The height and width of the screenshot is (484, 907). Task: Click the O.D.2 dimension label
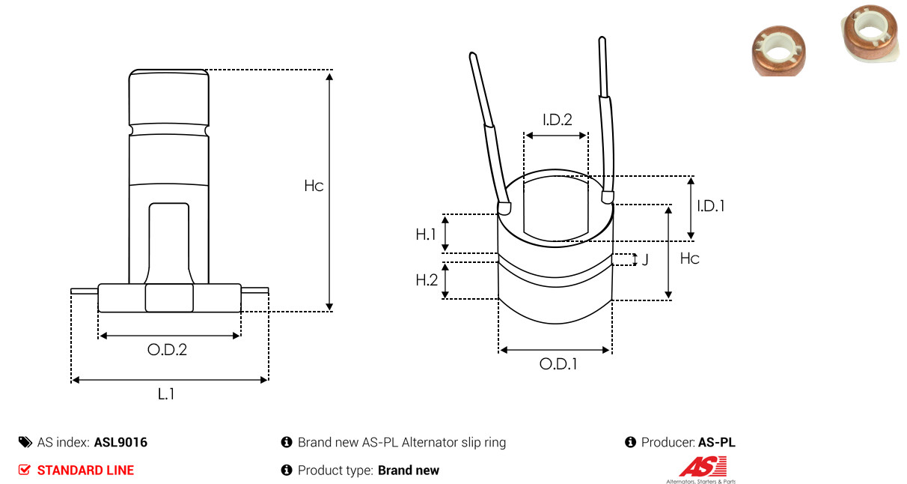tap(167, 349)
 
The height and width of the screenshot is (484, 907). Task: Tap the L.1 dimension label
tap(166, 393)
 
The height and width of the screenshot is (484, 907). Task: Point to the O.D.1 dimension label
tap(558, 364)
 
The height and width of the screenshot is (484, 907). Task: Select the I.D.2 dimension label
tap(558, 120)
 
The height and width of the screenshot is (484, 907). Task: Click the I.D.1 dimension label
tap(711, 206)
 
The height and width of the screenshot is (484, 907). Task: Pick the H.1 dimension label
tap(426, 234)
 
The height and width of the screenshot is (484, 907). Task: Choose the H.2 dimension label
tap(427, 279)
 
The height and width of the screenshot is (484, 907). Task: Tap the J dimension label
tap(645, 259)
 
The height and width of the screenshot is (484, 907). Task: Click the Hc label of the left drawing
tap(314, 186)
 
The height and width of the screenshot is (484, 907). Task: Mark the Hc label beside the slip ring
tap(689, 258)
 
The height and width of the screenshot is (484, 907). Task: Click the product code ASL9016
tap(120, 442)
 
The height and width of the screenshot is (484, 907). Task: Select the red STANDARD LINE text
tap(85, 471)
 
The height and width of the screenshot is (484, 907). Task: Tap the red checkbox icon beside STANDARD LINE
tap(24, 470)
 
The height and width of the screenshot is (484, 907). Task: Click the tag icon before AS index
tap(25, 442)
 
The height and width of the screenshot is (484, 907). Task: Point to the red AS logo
tap(703, 467)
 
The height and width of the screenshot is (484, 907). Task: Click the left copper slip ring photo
tap(778, 51)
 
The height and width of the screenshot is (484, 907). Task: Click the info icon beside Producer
tap(630, 442)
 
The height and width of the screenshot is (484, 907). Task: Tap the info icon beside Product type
tap(287, 471)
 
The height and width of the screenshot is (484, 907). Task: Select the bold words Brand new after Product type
tap(409, 471)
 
